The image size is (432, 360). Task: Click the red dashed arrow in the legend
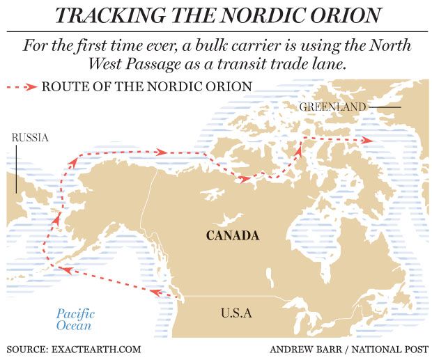coord(22,87)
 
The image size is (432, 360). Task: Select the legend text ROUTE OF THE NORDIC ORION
coord(146,87)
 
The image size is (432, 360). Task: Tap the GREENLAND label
coord(332,107)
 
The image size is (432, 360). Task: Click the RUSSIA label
coord(30,138)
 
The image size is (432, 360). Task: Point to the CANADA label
coord(233,235)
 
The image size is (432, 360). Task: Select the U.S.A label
coord(236,313)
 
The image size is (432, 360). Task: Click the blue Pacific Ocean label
coord(75,320)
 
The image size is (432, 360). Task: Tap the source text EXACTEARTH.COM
coord(97,349)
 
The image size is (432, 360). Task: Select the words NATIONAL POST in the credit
coord(386,349)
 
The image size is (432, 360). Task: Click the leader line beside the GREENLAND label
coord(385,107)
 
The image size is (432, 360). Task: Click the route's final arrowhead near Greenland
coord(367,141)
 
